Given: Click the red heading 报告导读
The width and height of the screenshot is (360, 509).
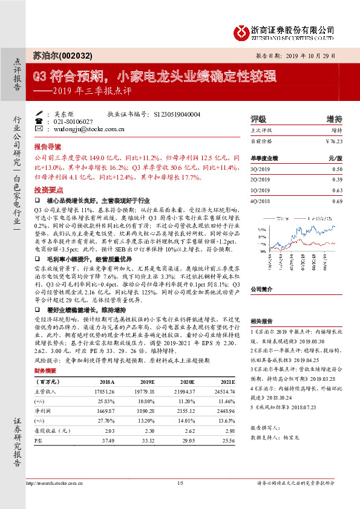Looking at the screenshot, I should tap(47, 147).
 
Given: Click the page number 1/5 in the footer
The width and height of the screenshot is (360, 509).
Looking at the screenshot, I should tap(180, 483).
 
